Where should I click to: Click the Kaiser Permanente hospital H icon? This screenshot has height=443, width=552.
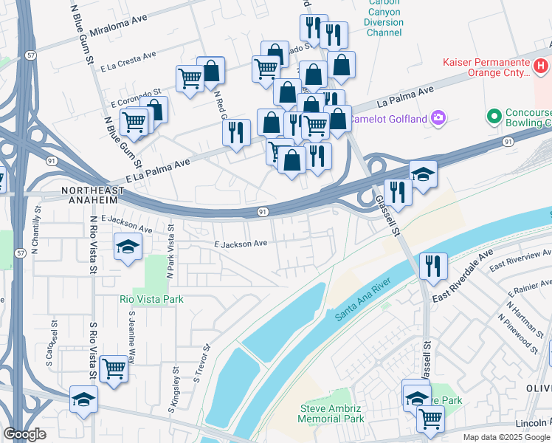pyautogui.click(x=542, y=67)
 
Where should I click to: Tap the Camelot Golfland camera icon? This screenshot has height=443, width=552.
pyautogui.click(x=438, y=118)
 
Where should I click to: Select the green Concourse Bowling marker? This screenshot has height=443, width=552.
pyautogui.click(x=493, y=117)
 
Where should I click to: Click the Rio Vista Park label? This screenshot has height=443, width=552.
pyautogui.click(x=151, y=299)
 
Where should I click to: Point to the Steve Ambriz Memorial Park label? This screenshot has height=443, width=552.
pyautogui.click(x=331, y=413)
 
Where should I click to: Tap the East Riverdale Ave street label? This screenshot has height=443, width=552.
pyautogui.click(x=462, y=278)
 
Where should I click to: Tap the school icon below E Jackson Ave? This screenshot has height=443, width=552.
pyautogui.click(x=128, y=247)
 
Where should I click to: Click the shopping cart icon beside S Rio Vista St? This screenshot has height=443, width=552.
pyautogui.click(x=114, y=368)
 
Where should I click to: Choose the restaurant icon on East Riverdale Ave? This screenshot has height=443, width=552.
pyautogui.click(x=433, y=265)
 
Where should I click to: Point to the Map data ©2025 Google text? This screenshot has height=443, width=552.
pyautogui.click(x=506, y=436)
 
